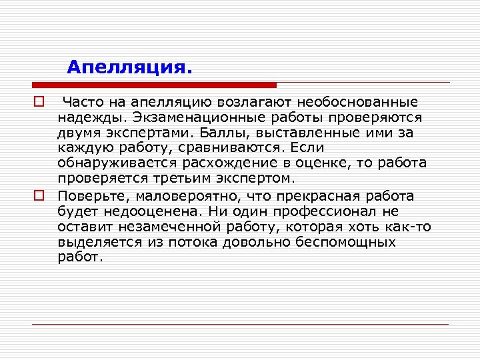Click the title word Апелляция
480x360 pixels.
[129, 67]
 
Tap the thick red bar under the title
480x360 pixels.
[154, 85]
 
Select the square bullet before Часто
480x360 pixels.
[38, 103]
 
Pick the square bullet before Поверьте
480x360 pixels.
[38, 196]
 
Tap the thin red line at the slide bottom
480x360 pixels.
[240, 325]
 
